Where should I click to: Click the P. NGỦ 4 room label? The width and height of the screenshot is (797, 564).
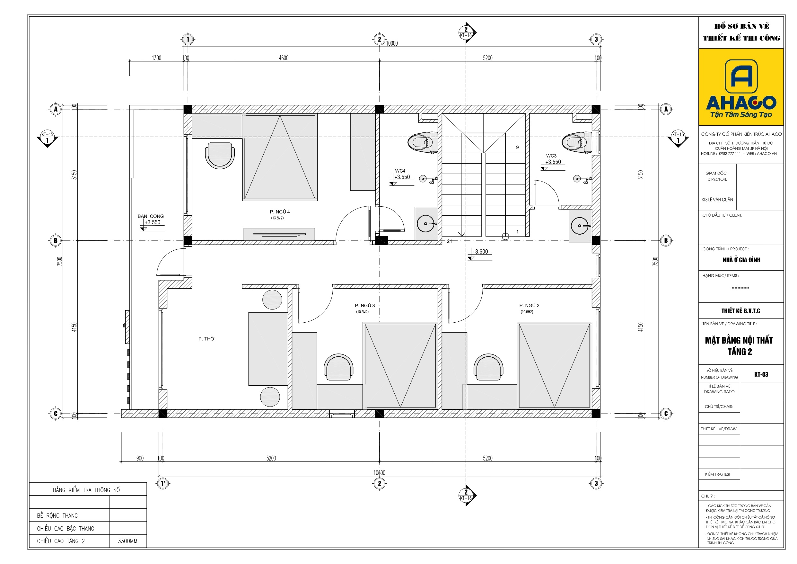[279, 212]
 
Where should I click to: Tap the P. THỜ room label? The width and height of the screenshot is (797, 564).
[206, 339]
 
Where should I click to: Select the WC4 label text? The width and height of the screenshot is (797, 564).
[400, 171]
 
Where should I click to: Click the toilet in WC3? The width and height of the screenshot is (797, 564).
[577, 142]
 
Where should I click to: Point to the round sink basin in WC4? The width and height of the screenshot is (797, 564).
[426, 224]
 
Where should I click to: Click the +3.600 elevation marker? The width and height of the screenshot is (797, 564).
[480, 252]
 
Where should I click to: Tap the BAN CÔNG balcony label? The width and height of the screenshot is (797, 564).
[150, 216]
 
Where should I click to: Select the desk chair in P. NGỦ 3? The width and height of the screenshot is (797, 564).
[338, 367]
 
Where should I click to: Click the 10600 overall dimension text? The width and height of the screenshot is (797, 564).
[380, 473]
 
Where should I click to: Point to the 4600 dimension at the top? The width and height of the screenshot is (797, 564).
[284, 58]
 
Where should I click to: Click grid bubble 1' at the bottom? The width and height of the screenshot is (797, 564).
[163, 483]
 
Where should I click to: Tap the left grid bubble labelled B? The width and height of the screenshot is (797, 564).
[56, 240]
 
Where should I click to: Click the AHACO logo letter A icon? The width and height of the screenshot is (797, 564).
[741, 76]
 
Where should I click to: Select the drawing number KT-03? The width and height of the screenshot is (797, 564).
[761, 374]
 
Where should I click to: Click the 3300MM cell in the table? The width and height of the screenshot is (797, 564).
[127, 541]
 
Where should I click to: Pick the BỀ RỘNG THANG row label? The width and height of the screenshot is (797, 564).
[57, 515]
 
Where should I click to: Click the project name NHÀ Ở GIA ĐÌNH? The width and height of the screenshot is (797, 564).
[741, 260]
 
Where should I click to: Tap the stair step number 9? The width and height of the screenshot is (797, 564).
[517, 147]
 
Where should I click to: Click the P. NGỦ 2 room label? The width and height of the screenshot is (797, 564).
[530, 305]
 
